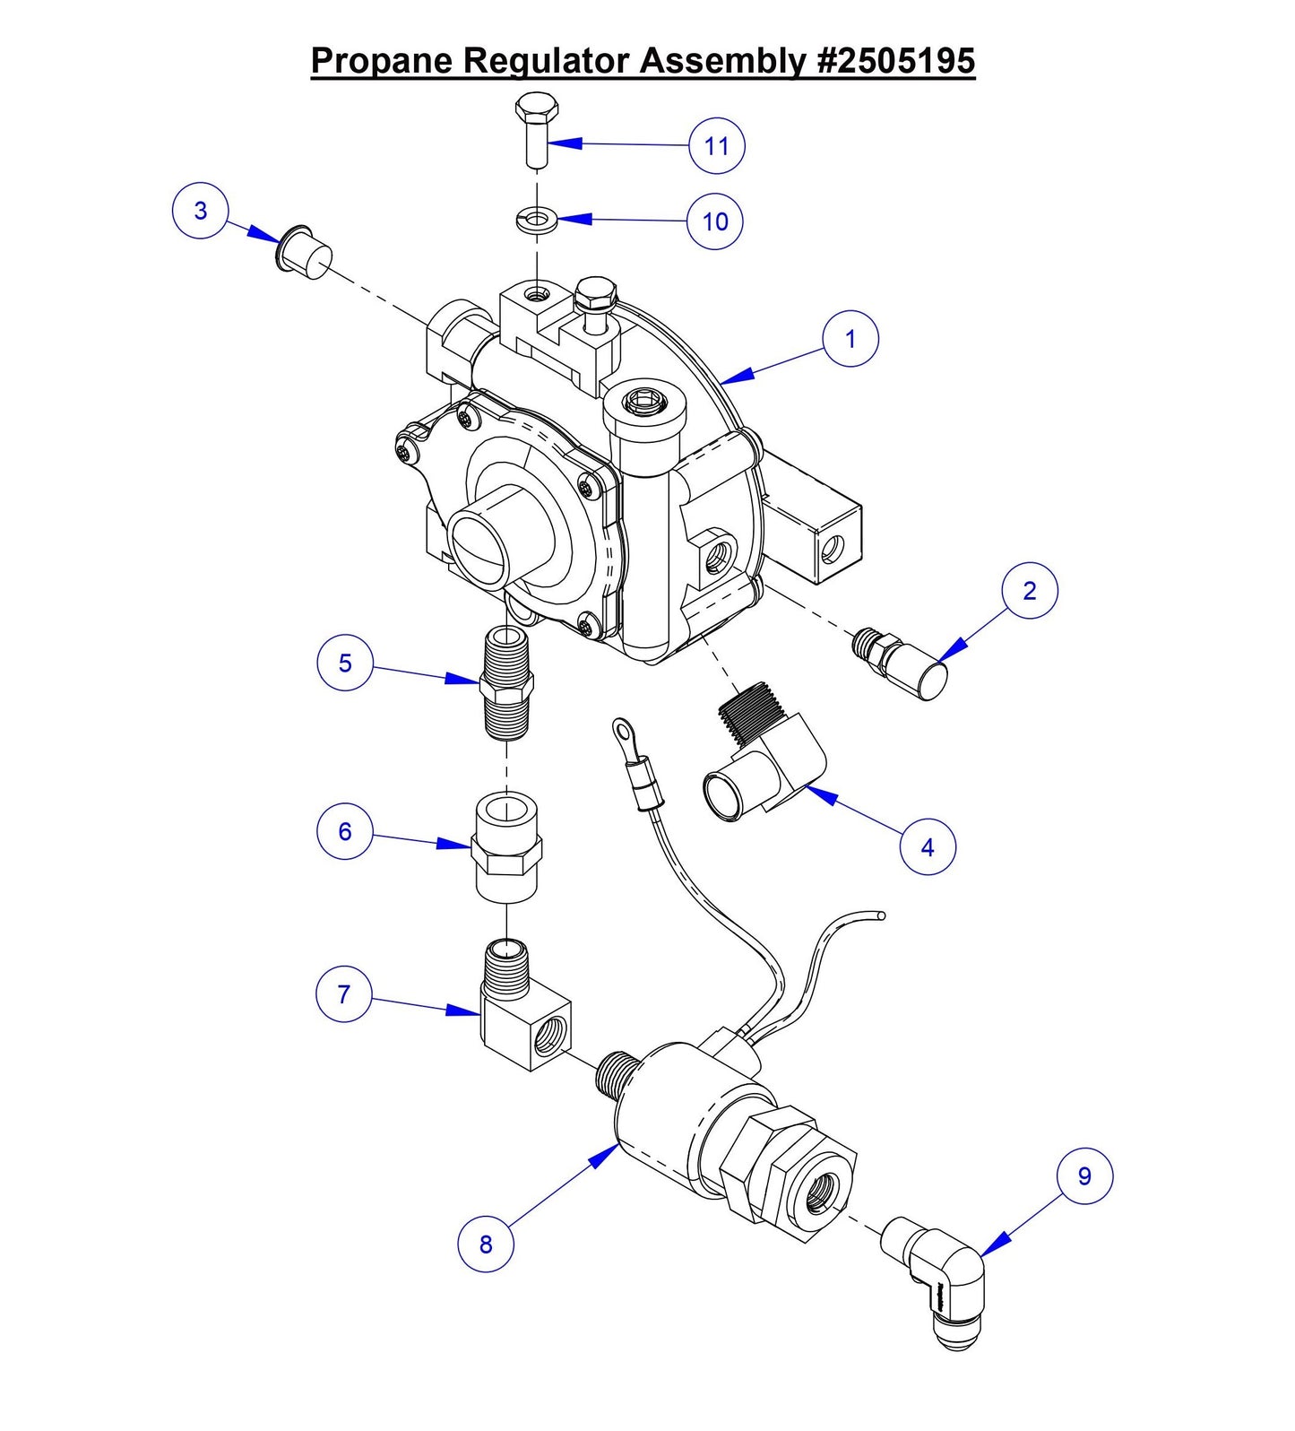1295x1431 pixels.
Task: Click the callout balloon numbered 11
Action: point(716,145)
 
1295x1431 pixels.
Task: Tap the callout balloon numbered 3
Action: point(201,211)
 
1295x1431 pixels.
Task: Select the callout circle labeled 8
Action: point(485,1244)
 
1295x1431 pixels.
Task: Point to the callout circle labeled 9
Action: point(1084,1175)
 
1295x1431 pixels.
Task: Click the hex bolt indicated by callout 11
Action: point(537,130)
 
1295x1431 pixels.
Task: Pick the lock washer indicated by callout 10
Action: point(537,218)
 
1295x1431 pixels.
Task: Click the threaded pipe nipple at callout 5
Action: point(506,684)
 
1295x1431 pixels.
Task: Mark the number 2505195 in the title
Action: point(896,61)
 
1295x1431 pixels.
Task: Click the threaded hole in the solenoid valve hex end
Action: point(821,1191)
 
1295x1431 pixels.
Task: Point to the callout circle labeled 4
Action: point(928,846)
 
